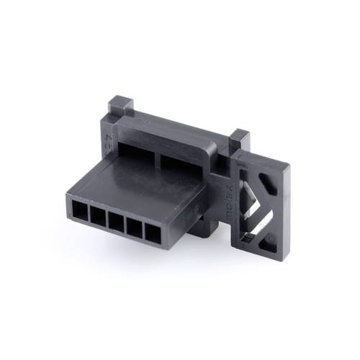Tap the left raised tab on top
coord(120,106)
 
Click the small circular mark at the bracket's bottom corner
coord(271,239)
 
